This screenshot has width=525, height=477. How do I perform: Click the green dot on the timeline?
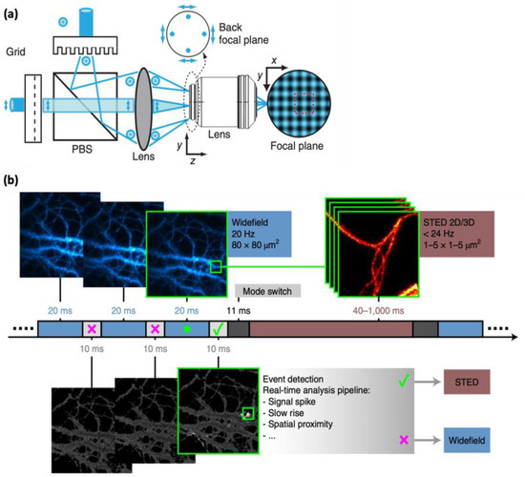click(x=187, y=329)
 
